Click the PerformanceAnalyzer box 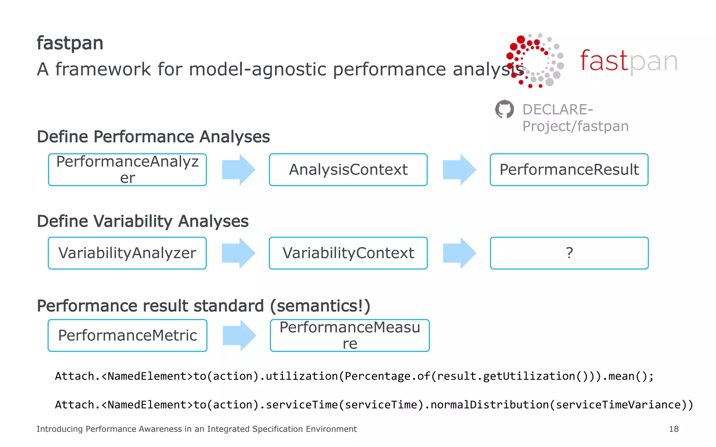(x=127, y=170)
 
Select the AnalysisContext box (x=348, y=170)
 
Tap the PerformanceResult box (x=569, y=170)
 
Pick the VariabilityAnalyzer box (x=127, y=253)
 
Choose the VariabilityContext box (x=348, y=253)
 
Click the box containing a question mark (x=569, y=253)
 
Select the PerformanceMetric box (x=127, y=336)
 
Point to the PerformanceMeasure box (x=350, y=336)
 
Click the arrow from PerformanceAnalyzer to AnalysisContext (x=239, y=170)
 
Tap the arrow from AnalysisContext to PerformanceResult (x=459, y=170)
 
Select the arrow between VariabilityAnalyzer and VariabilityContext (x=239, y=253)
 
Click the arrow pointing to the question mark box (x=459, y=253)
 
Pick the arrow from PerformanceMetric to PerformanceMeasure (x=239, y=336)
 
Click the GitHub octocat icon (x=504, y=109)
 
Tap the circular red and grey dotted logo (x=535, y=61)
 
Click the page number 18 (x=674, y=429)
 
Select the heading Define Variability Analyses (x=143, y=221)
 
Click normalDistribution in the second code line (x=489, y=405)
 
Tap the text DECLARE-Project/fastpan (x=575, y=118)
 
